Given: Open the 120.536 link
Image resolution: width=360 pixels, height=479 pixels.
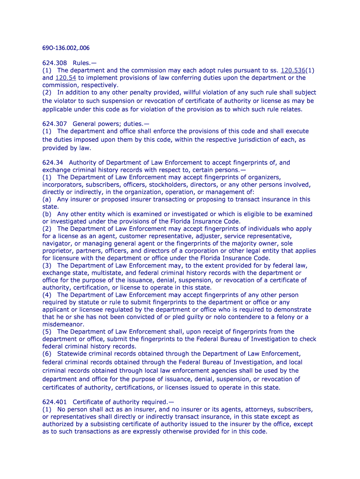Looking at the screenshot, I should click(x=293, y=70).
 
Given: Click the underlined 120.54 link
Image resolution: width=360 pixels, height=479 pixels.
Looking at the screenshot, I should click(x=65, y=78).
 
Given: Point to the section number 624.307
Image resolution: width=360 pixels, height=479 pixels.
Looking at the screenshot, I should click(x=55, y=124).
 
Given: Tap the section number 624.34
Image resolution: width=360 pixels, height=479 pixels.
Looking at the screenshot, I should click(x=53, y=162).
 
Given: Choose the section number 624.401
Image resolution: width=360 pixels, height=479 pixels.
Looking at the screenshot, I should click(x=55, y=402).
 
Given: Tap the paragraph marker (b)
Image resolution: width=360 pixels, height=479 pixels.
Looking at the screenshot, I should click(x=47, y=214).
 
